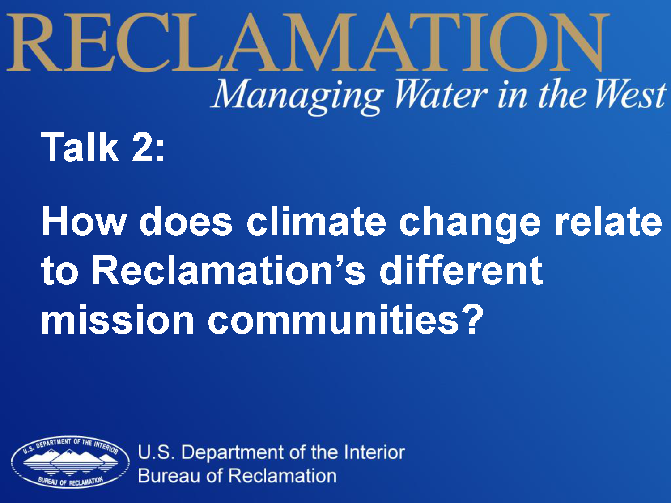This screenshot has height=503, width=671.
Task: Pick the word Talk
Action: tap(80, 147)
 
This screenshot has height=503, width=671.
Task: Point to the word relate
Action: tap(608, 221)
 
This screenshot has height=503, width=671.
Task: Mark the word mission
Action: tap(118, 319)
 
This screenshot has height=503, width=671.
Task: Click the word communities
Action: tap(333, 319)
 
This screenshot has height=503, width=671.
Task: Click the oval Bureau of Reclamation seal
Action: tap(70, 462)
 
